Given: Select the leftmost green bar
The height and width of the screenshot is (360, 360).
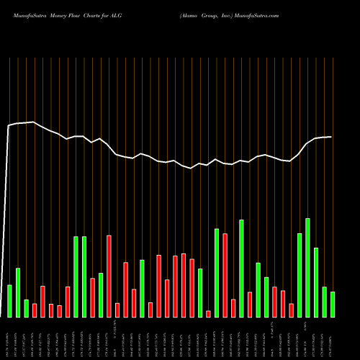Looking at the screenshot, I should pyautogui.click(x=9, y=301).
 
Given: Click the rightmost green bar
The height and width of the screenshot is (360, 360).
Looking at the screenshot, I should pyautogui.click(x=333, y=304).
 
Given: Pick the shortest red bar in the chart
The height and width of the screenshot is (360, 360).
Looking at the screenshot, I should pyautogui.click(x=208, y=314).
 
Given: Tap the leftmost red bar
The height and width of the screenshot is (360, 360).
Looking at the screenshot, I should pyautogui.click(x=35, y=310).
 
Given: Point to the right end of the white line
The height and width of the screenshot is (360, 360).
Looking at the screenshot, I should pyautogui.click(x=331, y=137).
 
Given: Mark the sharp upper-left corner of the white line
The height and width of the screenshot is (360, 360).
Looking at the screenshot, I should pyautogui.click(x=8, y=126).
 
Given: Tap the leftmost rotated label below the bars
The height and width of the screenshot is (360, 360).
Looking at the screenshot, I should pyautogui.click(x=9, y=341).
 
